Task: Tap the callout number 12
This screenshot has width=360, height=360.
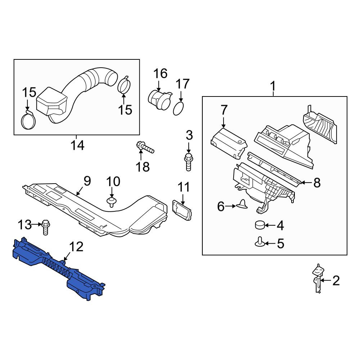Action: point(76,247)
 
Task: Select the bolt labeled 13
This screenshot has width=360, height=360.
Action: point(46,227)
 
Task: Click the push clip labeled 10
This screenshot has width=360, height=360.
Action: point(112,202)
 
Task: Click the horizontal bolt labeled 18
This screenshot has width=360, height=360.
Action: point(145,147)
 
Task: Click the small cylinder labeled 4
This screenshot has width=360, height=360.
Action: point(260,225)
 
